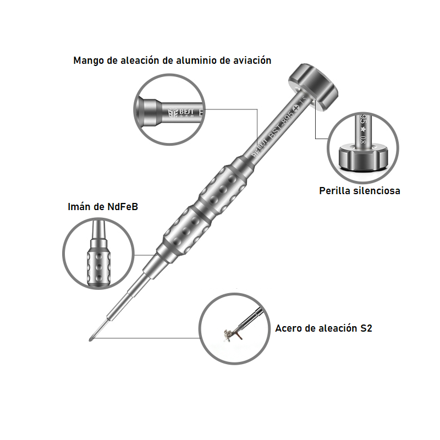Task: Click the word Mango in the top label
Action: [x=88, y=61]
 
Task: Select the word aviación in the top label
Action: [x=252, y=61]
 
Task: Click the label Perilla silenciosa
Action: [x=359, y=191]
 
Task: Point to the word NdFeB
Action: [x=122, y=207]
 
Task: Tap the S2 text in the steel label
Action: [x=366, y=329]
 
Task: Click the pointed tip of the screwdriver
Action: [x=90, y=337]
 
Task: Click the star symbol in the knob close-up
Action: [x=362, y=129]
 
